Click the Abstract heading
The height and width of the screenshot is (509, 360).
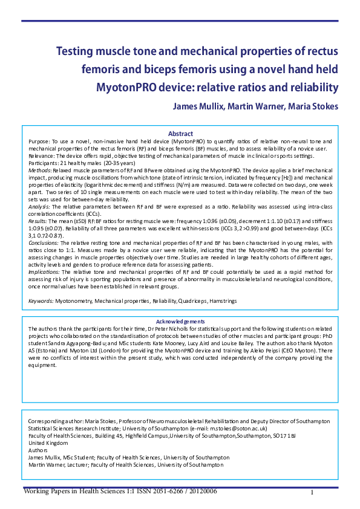[x=180, y=134]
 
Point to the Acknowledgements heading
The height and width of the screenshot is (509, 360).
[x=180, y=322]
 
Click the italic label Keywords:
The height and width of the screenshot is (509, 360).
[x=41, y=300]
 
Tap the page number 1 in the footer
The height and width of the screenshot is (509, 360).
[x=312, y=493]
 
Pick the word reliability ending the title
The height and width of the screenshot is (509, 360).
[x=309, y=88]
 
